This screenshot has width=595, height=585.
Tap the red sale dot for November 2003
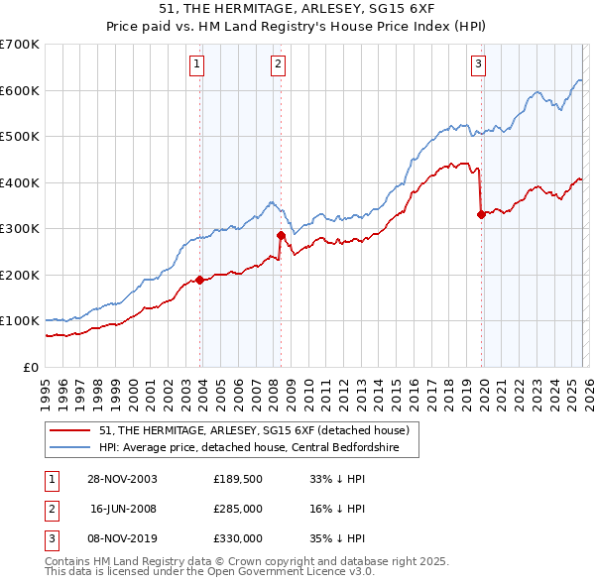click(200, 280)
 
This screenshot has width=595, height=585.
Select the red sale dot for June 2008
click(281, 235)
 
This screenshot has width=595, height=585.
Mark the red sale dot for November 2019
click(481, 214)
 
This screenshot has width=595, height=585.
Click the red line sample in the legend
click(71, 430)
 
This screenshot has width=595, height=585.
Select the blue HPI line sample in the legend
click(71, 447)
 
